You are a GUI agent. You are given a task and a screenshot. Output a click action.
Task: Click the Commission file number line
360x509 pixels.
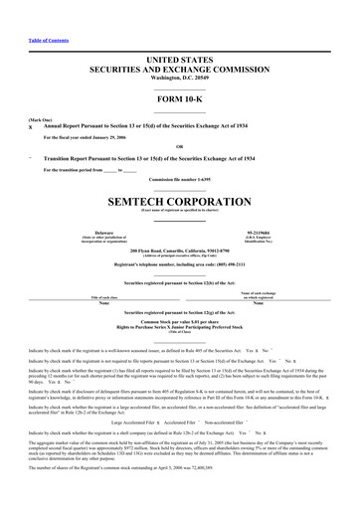(x=179, y=177)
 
